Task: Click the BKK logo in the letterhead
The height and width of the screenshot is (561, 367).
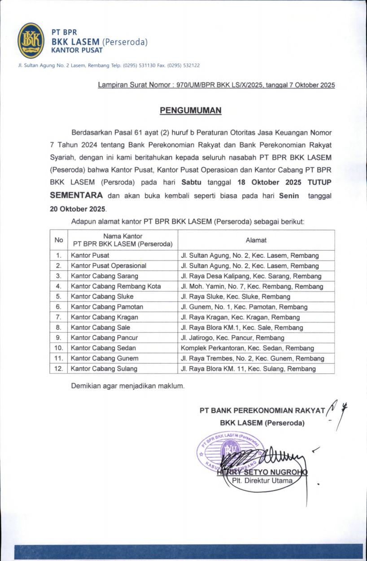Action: [31, 41]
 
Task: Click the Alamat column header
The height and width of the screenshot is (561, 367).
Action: [256, 240]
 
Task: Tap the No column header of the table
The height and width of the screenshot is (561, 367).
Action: [59, 240]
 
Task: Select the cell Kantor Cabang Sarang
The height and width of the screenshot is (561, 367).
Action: [104, 276]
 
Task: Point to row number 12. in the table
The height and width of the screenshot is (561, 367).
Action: [59, 369]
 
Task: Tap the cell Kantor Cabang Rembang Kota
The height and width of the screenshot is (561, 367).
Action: [115, 286]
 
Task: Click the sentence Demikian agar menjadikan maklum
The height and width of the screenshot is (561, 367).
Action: [128, 385]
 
